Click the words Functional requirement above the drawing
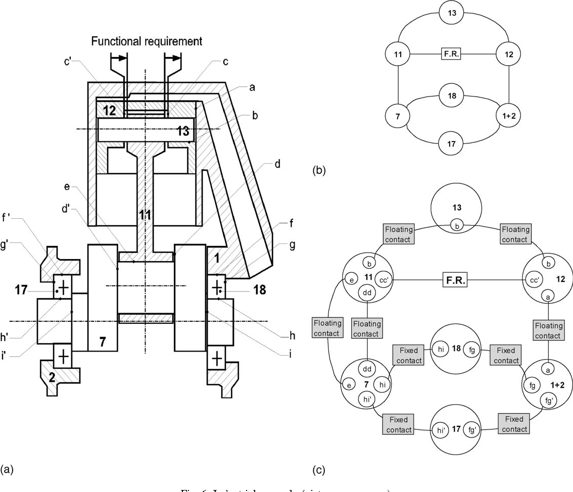pyautogui.click(x=147, y=41)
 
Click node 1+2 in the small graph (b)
pyautogui.click(x=508, y=116)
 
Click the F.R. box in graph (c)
pyautogui.click(x=455, y=280)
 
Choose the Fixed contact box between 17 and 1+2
pyautogui.click(x=515, y=424)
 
